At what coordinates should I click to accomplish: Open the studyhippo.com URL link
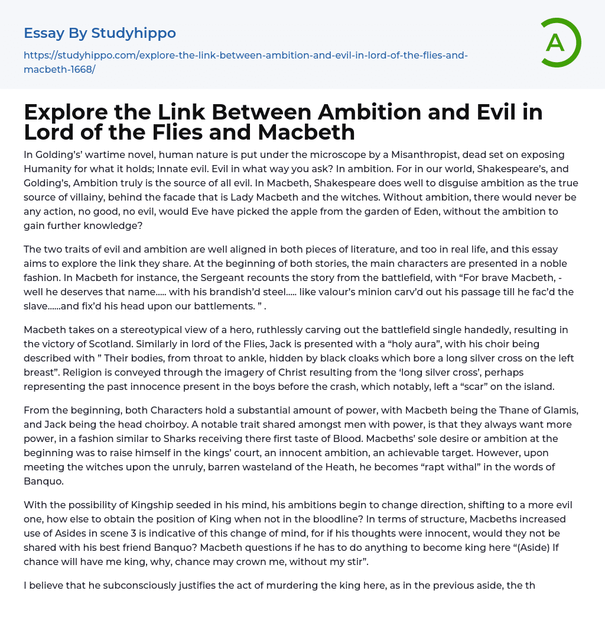[x=245, y=62]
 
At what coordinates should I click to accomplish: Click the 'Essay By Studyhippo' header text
[x=100, y=33]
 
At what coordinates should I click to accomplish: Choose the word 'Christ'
[x=284, y=372]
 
